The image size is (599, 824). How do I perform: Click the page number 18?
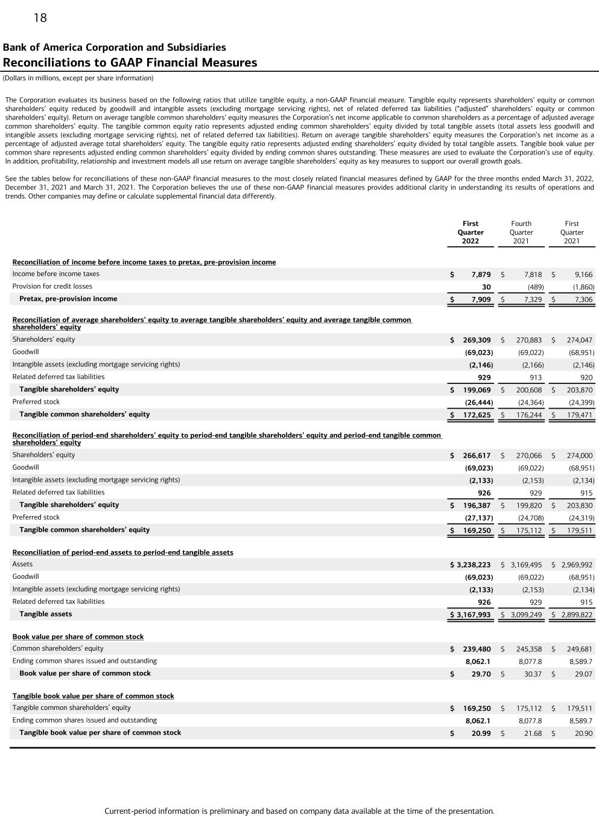[x=40, y=18]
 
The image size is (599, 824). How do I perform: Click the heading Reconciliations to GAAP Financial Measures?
[x=130, y=63]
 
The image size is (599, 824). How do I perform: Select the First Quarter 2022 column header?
[x=471, y=232]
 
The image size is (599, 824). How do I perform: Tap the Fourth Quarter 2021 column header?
[x=521, y=232]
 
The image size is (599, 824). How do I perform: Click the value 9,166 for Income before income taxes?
[x=583, y=274]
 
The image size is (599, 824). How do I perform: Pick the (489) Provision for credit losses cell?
[x=536, y=287]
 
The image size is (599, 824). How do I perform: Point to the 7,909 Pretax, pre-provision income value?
[x=481, y=299]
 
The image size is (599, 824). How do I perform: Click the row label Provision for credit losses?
[x=52, y=286]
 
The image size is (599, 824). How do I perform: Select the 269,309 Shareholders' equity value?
[x=478, y=340]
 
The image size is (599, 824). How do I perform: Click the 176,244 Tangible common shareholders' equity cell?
[x=529, y=415]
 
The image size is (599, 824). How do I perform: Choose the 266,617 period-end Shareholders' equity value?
[x=478, y=456]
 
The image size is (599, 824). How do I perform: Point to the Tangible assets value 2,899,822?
[x=577, y=615]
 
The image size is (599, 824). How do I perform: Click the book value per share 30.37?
[x=533, y=674]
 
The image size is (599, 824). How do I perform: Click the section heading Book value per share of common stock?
[x=78, y=637]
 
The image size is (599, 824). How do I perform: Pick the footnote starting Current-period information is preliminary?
[x=299, y=811]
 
